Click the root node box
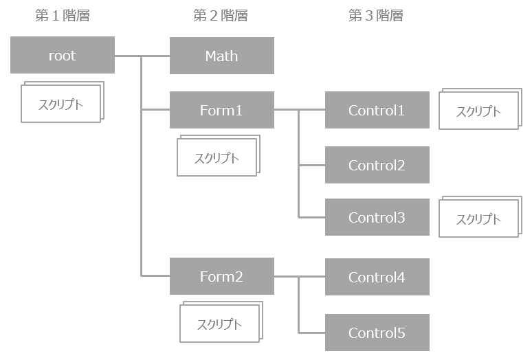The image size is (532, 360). (62, 56)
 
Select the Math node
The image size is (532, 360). (221, 56)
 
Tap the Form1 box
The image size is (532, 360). (221, 110)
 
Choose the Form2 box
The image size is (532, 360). (221, 276)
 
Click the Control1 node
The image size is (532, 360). (377, 110)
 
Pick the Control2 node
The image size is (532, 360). (377, 165)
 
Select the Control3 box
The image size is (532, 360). (377, 218)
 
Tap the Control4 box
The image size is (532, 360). (377, 277)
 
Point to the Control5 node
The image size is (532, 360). (377, 333)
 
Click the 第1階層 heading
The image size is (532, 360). (62, 16)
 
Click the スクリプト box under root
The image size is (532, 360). (60, 105)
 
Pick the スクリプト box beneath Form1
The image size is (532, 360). (217, 158)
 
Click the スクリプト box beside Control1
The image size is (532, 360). (478, 111)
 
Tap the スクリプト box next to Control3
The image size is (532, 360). (478, 219)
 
